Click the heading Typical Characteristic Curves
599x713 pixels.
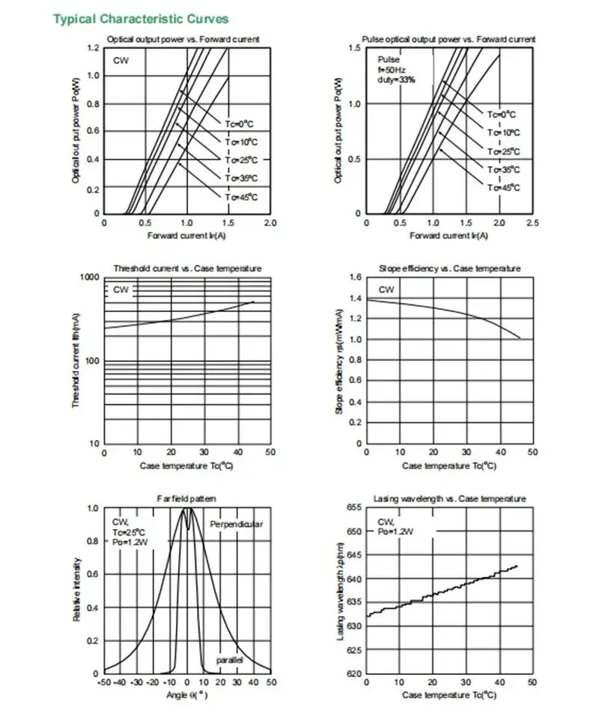tap(141, 19)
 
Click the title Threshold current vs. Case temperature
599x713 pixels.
tap(186, 269)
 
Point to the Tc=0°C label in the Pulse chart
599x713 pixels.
tap(502, 114)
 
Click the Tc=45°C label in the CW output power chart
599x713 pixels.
tap(241, 197)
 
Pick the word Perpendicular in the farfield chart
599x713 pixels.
tap(237, 524)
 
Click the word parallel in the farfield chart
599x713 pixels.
tap(229, 660)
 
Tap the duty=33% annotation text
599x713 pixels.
tap(396, 79)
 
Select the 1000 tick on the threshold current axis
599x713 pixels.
tap(89, 278)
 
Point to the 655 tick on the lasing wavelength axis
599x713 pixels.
tap(353, 507)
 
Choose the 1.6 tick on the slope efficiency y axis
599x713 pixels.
tap(355, 278)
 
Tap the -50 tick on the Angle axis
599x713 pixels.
tap(103, 683)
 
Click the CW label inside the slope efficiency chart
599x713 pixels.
tap(386, 290)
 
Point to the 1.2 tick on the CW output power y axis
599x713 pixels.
tap(94, 49)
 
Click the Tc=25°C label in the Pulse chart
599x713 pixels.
tap(503, 151)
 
